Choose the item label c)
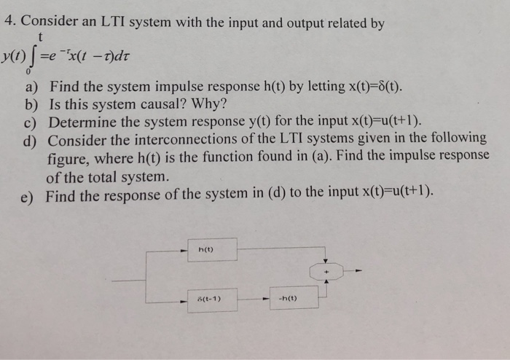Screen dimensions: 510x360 pos(31,122)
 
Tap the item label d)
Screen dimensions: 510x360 pos(31,138)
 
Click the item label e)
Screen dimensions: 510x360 pos(31,193)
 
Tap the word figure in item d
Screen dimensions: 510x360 pos(68,157)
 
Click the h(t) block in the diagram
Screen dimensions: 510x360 pos(212,249)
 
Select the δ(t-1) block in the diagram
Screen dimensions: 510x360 pos(212,299)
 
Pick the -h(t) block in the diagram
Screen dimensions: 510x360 pos(293,299)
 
